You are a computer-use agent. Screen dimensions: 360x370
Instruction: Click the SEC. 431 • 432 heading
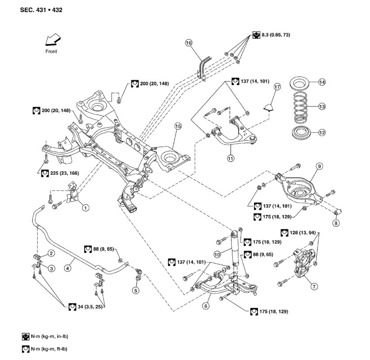click(41, 9)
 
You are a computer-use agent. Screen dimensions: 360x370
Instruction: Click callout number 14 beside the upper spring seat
click(322, 82)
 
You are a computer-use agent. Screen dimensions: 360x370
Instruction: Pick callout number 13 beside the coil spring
click(322, 106)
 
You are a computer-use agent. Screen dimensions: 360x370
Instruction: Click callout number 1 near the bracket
click(86, 208)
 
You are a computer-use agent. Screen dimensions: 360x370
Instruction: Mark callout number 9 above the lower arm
click(319, 166)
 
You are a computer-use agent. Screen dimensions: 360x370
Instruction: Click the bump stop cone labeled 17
click(268, 107)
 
